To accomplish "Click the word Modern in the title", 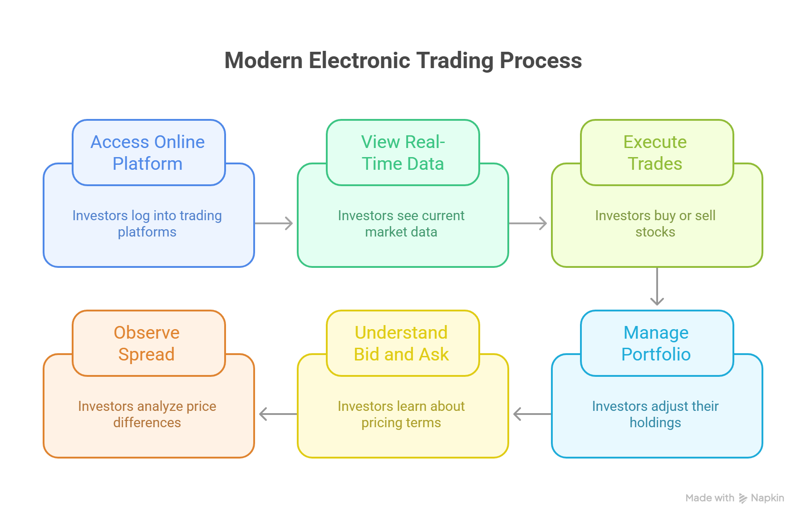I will tap(263, 60).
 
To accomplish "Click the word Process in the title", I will tap(540, 60).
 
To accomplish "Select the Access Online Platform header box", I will tap(148, 153).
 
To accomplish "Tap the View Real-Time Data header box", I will tap(403, 153).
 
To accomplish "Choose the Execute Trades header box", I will tap(657, 153).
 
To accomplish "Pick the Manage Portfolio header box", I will tap(657, 343).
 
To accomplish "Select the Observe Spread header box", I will tap(148, 343).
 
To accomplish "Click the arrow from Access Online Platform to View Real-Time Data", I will tap(274, 223).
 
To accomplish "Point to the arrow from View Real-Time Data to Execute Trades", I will tap(528, 223).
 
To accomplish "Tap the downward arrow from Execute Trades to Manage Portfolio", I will tap(657, 286).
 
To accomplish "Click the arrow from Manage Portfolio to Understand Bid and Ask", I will tap(532, 414).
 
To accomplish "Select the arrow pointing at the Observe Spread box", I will tap(278, 414).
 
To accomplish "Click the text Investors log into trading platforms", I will tap(147, 223).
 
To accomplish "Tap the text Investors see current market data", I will tap(401, 223).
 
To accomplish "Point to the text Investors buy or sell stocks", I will tap(655, 223).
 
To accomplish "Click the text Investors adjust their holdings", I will tap(655, 414).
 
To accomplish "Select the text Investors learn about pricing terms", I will tap(401, 414).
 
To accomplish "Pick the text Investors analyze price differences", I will tap(147, 414).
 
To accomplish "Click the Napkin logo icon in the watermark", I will tap(743, 498).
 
